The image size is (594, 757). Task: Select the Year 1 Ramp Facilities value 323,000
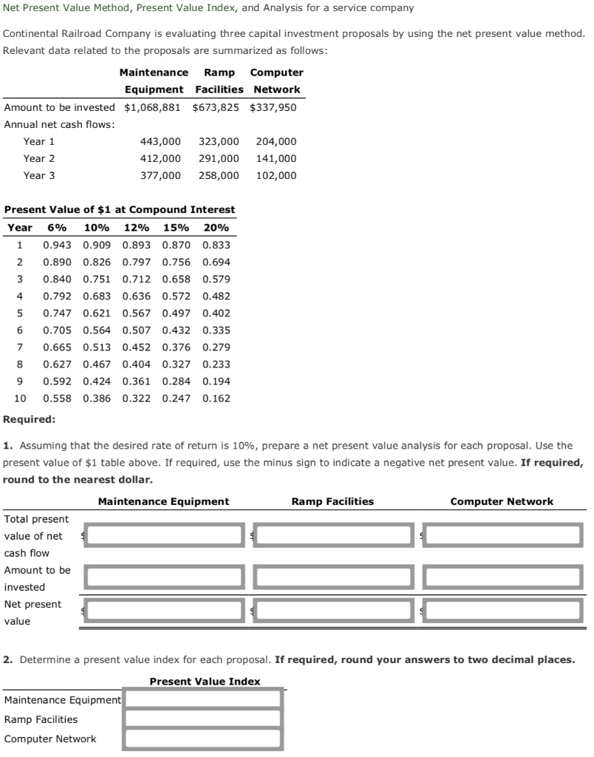[219, 141]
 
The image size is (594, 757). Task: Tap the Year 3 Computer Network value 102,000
[276, 175]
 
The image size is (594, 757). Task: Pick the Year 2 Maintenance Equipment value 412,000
[160, 158]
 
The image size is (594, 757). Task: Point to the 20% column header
[216, 228]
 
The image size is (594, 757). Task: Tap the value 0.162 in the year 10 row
[216, 398]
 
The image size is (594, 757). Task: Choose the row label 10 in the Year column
[20, 398]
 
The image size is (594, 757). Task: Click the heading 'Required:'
[29, 419]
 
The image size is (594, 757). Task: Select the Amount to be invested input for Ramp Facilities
[333, 577]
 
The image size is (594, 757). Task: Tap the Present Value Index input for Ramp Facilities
[203, 719]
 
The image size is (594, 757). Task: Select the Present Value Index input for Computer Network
[203, 739]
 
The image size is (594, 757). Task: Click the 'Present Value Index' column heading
[205, 682]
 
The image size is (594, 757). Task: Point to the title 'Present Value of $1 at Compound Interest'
[120, 210]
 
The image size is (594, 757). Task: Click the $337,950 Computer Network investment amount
[273, 107]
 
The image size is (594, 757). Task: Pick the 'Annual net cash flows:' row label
[59, 124]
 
